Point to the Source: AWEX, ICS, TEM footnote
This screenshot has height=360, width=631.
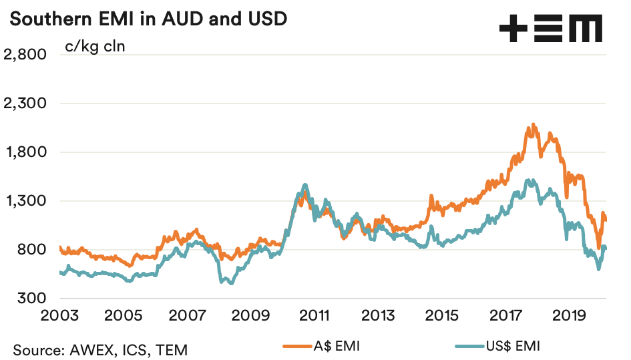[100, 349]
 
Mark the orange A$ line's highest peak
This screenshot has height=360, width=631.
[533, 125]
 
